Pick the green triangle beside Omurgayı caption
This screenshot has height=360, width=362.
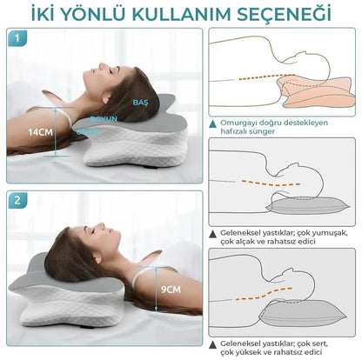point(213,123)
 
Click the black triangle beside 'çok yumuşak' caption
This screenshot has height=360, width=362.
point(213,234)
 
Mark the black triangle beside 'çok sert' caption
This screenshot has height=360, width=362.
point(213,344)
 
